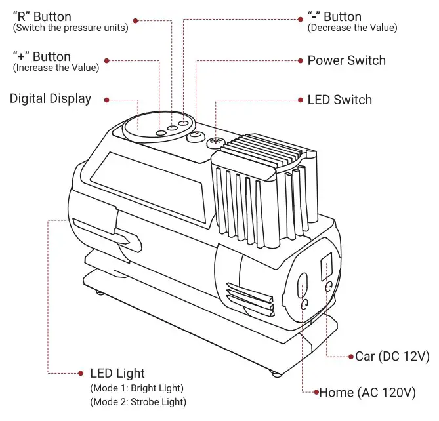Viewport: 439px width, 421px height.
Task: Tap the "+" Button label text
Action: point(41,56)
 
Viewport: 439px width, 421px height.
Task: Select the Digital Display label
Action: point(50,99)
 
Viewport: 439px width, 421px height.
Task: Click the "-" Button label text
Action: point(334,16)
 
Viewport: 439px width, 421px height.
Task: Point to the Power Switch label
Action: point(346,60)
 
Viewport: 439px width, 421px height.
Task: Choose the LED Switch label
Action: point(339,100)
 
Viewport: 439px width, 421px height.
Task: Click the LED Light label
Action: point(117,374)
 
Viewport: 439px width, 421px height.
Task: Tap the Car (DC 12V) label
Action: point(392,357)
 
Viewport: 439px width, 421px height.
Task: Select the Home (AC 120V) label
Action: point(367,393)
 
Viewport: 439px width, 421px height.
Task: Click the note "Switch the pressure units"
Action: point(70,28)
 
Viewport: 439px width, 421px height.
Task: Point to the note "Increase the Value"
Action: point(56,68)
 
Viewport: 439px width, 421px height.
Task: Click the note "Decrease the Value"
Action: point(352,28)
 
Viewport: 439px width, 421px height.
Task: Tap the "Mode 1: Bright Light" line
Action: point(136,388)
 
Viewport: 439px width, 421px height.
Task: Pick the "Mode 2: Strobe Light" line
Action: point(138,401)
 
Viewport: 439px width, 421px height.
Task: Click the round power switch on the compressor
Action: point(196,136)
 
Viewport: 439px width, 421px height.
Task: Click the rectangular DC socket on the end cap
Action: point(325,265)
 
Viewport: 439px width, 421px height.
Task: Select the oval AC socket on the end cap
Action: point(303,285)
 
